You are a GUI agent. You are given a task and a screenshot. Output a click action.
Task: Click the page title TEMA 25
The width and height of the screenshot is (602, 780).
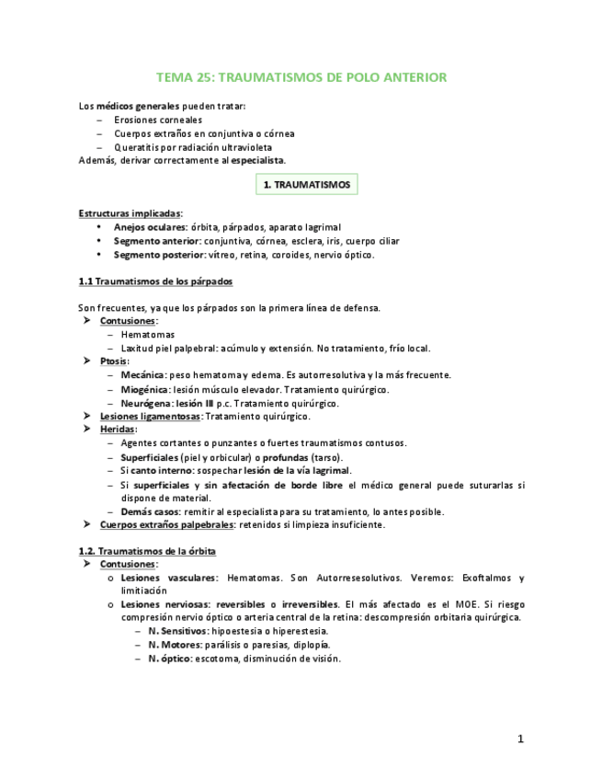coord(301,77)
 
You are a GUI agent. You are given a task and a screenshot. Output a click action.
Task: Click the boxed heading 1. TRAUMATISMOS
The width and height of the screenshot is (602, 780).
coord(307,185)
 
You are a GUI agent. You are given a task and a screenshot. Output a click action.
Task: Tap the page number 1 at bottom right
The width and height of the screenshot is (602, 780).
coord(520,739)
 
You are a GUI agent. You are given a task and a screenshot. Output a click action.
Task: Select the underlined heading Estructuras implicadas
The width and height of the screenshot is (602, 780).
coord(130,212)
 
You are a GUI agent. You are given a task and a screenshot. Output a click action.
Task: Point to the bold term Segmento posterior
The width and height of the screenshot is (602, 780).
coord(151,255)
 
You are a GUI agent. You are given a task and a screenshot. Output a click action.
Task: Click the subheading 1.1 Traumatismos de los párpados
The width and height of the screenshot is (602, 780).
coord(155,281)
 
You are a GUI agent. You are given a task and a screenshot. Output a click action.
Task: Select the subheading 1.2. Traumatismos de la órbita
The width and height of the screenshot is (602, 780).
coord(147,551)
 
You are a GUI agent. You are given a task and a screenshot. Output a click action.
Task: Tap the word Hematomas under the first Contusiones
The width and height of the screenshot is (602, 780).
coord(147,335)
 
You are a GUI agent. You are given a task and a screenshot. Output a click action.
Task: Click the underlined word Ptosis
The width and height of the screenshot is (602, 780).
coord(113,361)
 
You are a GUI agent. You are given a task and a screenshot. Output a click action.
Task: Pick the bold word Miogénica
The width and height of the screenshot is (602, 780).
coord(142,389)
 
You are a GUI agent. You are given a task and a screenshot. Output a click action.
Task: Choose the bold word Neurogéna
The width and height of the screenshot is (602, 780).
coord(143,403)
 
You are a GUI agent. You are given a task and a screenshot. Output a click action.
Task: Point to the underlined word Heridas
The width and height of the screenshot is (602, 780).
coord(118,430)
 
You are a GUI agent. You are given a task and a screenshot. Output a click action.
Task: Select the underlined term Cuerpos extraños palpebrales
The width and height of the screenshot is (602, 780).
coord(166,524)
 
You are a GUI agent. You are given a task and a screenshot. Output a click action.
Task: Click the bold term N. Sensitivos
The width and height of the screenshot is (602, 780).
coord(177,631)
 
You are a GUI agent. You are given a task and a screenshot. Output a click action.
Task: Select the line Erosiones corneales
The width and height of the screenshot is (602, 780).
coord(158,120)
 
